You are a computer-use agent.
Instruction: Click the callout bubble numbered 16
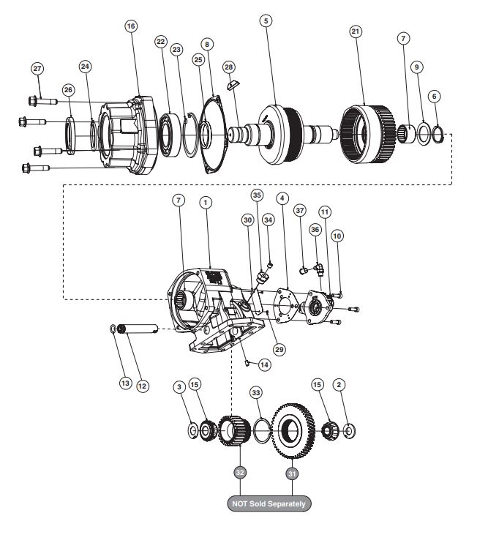[x=131, y=26]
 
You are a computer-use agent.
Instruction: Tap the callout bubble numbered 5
[x=266, y=21]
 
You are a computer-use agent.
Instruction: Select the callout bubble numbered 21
[x=356, y=32]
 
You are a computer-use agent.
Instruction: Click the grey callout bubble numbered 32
[x=240, y=472]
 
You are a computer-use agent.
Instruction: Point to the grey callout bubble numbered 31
[x=292, y=473]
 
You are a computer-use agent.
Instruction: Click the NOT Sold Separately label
[x=269, y=503]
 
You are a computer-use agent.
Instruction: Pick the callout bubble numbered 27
[x=37, y=69]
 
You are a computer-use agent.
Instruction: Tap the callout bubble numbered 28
[x=229, y=67]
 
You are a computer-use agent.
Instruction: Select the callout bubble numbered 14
[x=264, y=365]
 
